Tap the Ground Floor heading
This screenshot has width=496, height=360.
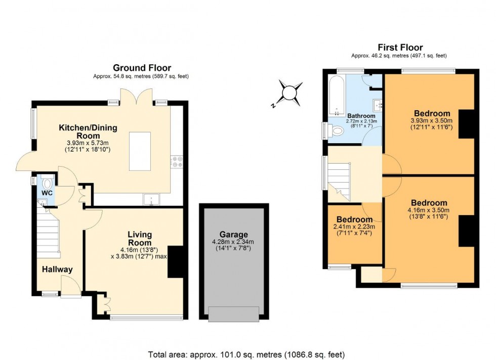[x=142, y=68]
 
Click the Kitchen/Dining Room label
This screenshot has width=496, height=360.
[x=88, y=132]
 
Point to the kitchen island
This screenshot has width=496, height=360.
[x=140, y=151]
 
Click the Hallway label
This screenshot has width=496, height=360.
[x=57, y=269]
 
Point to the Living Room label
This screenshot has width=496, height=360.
[x=140, y=239]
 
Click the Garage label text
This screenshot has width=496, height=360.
[x=233, y=235]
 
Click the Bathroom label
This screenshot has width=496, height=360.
[x=361, y=116]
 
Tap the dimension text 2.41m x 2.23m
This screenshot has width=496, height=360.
[x=354, y=227]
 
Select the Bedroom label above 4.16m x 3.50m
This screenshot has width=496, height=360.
[x=429, y=203]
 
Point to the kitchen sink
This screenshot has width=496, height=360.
[x=151, y=200]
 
